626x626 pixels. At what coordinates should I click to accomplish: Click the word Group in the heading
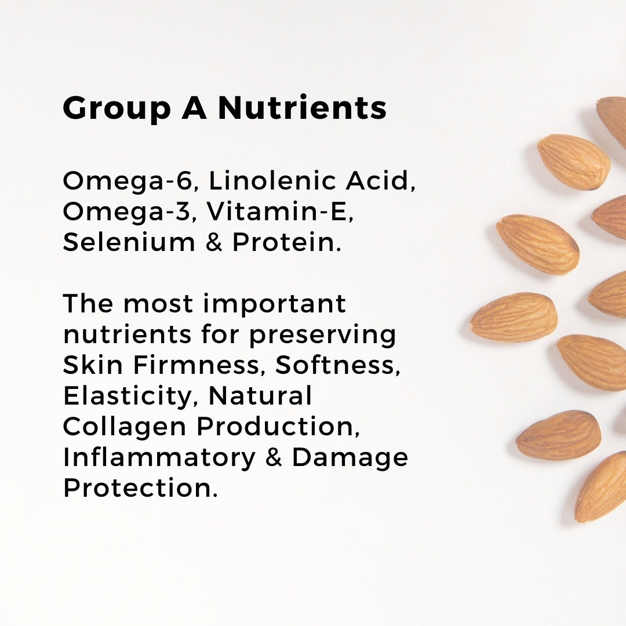coord(117,108)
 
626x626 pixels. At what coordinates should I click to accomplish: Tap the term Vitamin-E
coord(280,211)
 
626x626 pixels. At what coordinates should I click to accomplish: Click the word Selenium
coord(129,242)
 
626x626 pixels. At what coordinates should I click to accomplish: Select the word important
coord(274,304)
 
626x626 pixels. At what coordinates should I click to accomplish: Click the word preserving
coord(323,336)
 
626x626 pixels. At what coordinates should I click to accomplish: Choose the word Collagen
coord(125,427)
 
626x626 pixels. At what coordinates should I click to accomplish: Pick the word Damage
coord(350,457)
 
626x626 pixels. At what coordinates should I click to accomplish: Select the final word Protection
coord(140,488)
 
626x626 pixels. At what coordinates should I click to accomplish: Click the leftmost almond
coord(514,318)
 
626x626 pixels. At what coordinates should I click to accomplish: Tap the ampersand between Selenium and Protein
coord(214,242)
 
